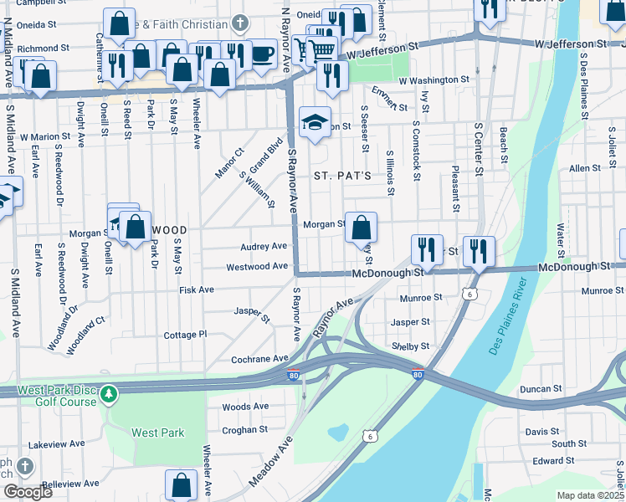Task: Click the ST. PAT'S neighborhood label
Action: pyautogui.click(x=341, y=177)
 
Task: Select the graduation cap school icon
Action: pyautogui.click(x=316, y=122)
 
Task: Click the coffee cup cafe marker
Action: pyautogui.click(x=262, y=54)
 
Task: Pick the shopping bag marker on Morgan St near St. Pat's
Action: pyautogui.click(x=361, y=227)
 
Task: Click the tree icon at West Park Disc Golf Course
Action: pyautogui.click(x=109, y=394)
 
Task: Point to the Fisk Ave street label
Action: pyautogui.click(x=197, y=289)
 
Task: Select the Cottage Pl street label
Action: pyautogui.click(x=185, y=334)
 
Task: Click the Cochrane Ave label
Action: pyautogui.click(x=259, y=358)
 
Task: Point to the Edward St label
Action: pyautogui.click(x=553, y=460)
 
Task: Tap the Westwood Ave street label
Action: pyautogui.click(x=257, y=268)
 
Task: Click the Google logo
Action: pyautogui.click(x=28, y=492)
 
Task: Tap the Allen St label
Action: pyautogui.click(x=580, y=168)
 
